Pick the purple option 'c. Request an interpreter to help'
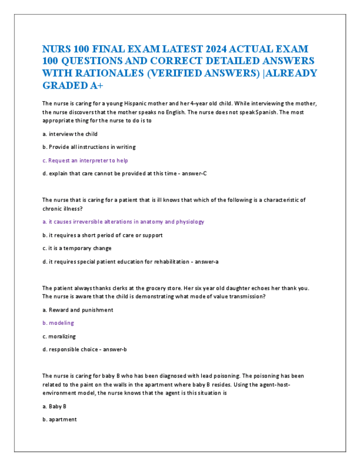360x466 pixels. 85,160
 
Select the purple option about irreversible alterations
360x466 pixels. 123,222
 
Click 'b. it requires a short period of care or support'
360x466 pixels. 102,235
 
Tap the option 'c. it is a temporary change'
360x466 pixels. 77,248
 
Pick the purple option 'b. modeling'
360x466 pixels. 58,323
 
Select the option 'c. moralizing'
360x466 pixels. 59,336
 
